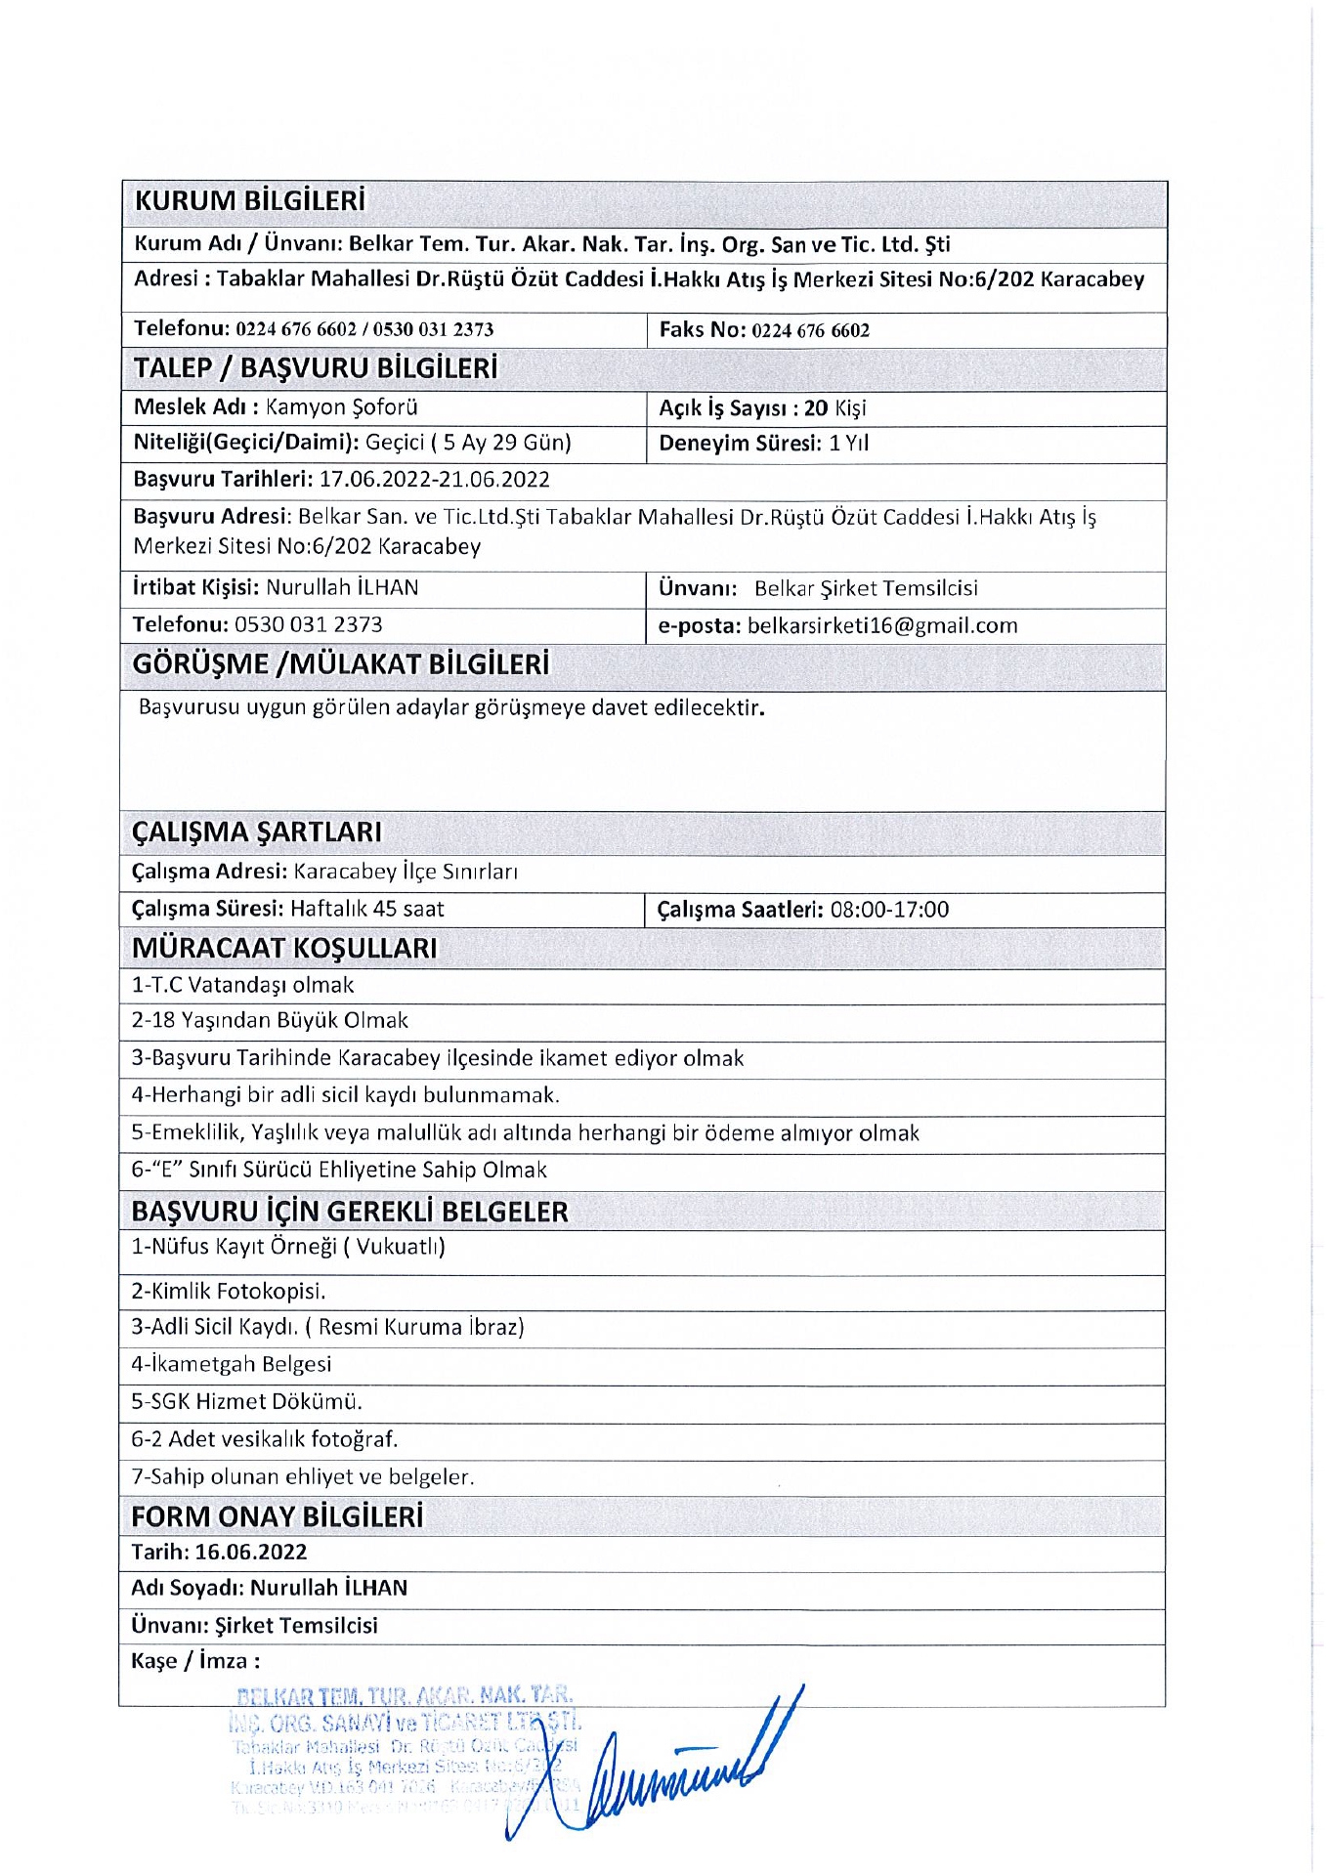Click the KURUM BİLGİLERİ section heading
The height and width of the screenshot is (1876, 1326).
pos(249,201)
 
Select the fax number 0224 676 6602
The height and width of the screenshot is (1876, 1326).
pos(810,330)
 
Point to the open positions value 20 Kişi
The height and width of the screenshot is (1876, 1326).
pos(834,408)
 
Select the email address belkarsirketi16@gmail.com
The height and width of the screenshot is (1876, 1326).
pos(881,626)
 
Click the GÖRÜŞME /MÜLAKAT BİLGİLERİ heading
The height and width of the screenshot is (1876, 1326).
pos(340,664)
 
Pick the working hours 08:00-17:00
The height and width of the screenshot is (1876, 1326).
pos(889,910)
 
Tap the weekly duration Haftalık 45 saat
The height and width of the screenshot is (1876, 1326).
pos(366,910)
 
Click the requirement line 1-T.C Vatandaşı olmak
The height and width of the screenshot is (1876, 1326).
pos(242,985)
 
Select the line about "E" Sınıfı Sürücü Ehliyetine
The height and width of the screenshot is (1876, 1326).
pos(339,1170)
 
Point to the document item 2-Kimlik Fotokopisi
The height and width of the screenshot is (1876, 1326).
pos(229,1291)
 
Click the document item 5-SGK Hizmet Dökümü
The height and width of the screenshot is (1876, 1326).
pos(246,1401)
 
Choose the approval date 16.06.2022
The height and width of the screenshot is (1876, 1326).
pos(250,1552)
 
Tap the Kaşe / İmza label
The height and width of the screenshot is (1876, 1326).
pos(195,1661)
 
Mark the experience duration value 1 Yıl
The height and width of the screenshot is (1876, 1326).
pos(848,444)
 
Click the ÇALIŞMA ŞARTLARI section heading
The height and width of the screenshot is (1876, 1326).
pos(257,832)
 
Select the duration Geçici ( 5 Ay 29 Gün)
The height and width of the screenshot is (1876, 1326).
pos(468,443)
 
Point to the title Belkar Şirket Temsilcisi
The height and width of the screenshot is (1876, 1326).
pos(865,588)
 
